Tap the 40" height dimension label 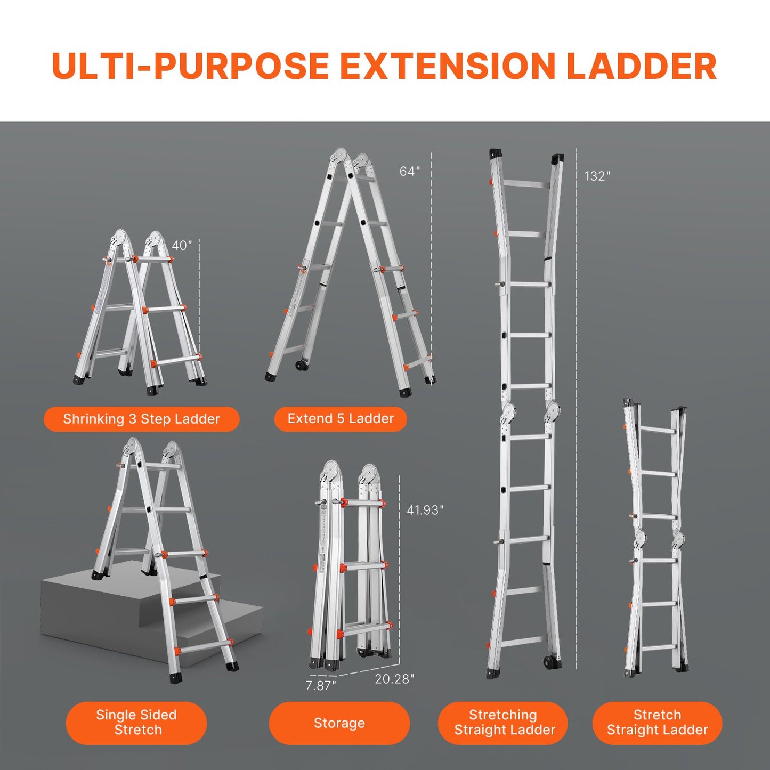coord(181,246)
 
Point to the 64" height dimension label coord(409,171)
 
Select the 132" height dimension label coord(597,176)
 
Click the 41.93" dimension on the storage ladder coord(425,510)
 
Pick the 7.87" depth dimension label coord(320,686)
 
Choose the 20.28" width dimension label coord(394,679)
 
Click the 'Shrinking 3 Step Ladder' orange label coord(141,419)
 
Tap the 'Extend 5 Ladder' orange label coord(341,419)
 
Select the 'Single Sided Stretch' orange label coord(136,723)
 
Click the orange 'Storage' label coord(339,723)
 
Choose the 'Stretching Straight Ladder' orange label coord(504,723)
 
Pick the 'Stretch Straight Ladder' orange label coord(657,723)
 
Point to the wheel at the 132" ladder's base coord(549,663)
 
